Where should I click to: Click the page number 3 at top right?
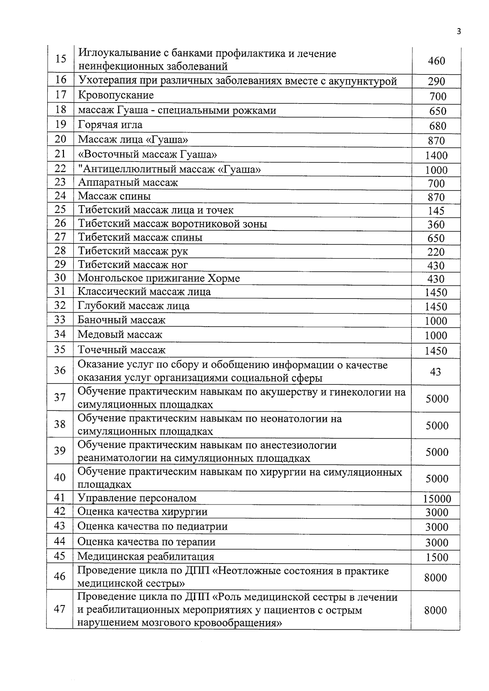[x=459, y=32]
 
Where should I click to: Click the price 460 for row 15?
[x=436, y=61]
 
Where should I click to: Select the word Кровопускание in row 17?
[x=116, y=95]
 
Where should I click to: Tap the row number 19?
[x=60, y=125]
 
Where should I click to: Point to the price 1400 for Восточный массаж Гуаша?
[x=436, y=156]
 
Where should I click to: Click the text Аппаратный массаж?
[x=128, y=182]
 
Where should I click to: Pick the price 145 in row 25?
[x=436, y=211]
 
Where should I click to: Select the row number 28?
[x=60, y=250]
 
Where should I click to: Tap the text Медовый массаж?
[x=120, y=335]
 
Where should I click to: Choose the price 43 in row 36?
[x=436, y=371]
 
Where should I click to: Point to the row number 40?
[x=60, y=477]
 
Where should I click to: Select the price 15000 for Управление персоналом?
[x=436, y=499]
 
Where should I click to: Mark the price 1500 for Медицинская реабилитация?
[x=437, y=557]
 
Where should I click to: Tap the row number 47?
[x=60, y=610]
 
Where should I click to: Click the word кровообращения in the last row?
[x=240, y=623]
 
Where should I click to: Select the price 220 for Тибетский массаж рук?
[x=436, y=252]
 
